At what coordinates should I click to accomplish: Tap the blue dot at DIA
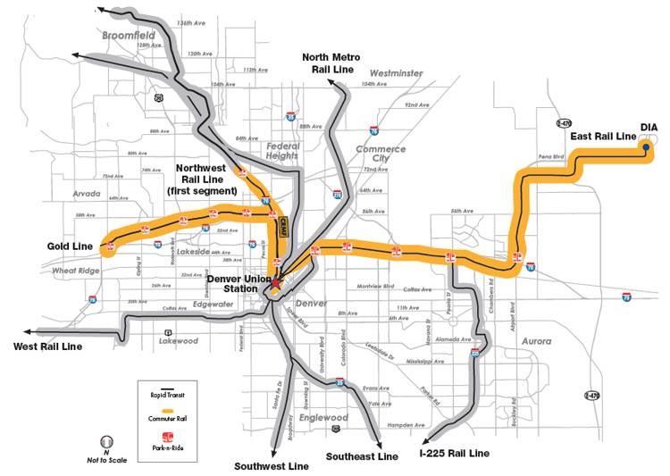click(x=645, y=151)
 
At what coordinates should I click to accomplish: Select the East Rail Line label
click(x=602, y=136)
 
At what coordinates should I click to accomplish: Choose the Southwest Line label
click(x=272, y=466)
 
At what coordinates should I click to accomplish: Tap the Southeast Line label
click(x=360, y=456)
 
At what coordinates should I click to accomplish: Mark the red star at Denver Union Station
click(x=278, y=285)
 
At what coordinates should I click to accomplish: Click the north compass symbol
click(x=106, y=441)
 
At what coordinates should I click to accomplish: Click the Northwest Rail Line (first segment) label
click(x=207, y=179)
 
